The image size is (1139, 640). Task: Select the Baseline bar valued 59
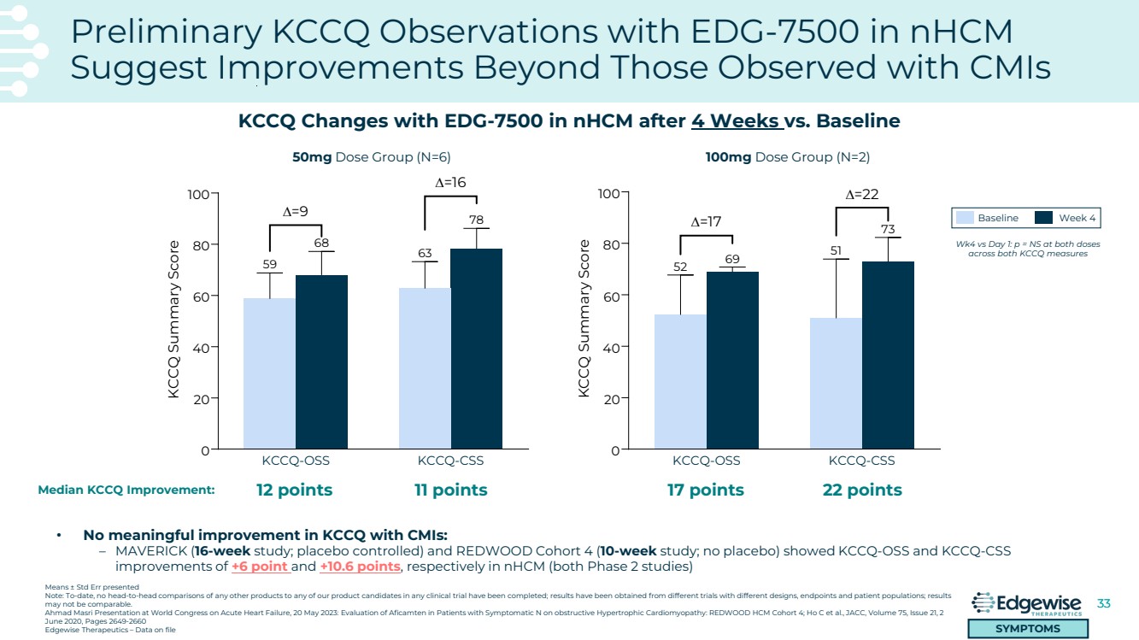(269, 373)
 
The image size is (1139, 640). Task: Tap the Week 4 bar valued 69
(732, 360)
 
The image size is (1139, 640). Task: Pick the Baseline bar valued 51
(836, 383)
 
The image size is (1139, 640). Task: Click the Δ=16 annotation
(450, 182)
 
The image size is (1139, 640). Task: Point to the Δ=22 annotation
(862, 195)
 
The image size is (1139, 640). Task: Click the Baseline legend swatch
(965, 218)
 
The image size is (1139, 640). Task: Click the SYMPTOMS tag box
(1028, 629)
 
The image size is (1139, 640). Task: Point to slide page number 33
(1103, 604)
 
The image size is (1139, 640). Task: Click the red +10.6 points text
(360, 566)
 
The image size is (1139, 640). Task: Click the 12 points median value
(295, 490)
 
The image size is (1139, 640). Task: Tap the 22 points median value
(862, 490)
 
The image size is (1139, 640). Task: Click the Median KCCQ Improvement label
(126, 490)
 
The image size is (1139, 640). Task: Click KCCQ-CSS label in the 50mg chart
(450, 461)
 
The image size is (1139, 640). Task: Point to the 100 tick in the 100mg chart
(607, 194)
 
